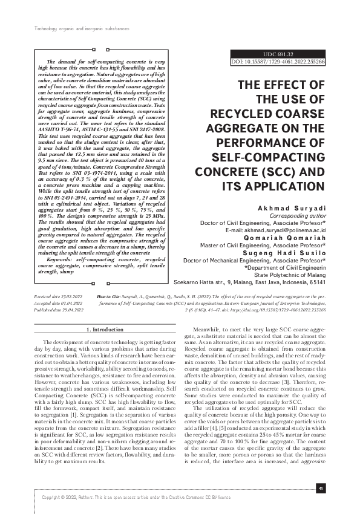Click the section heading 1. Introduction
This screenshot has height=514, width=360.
pyautogui.click(x=106, y=330)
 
